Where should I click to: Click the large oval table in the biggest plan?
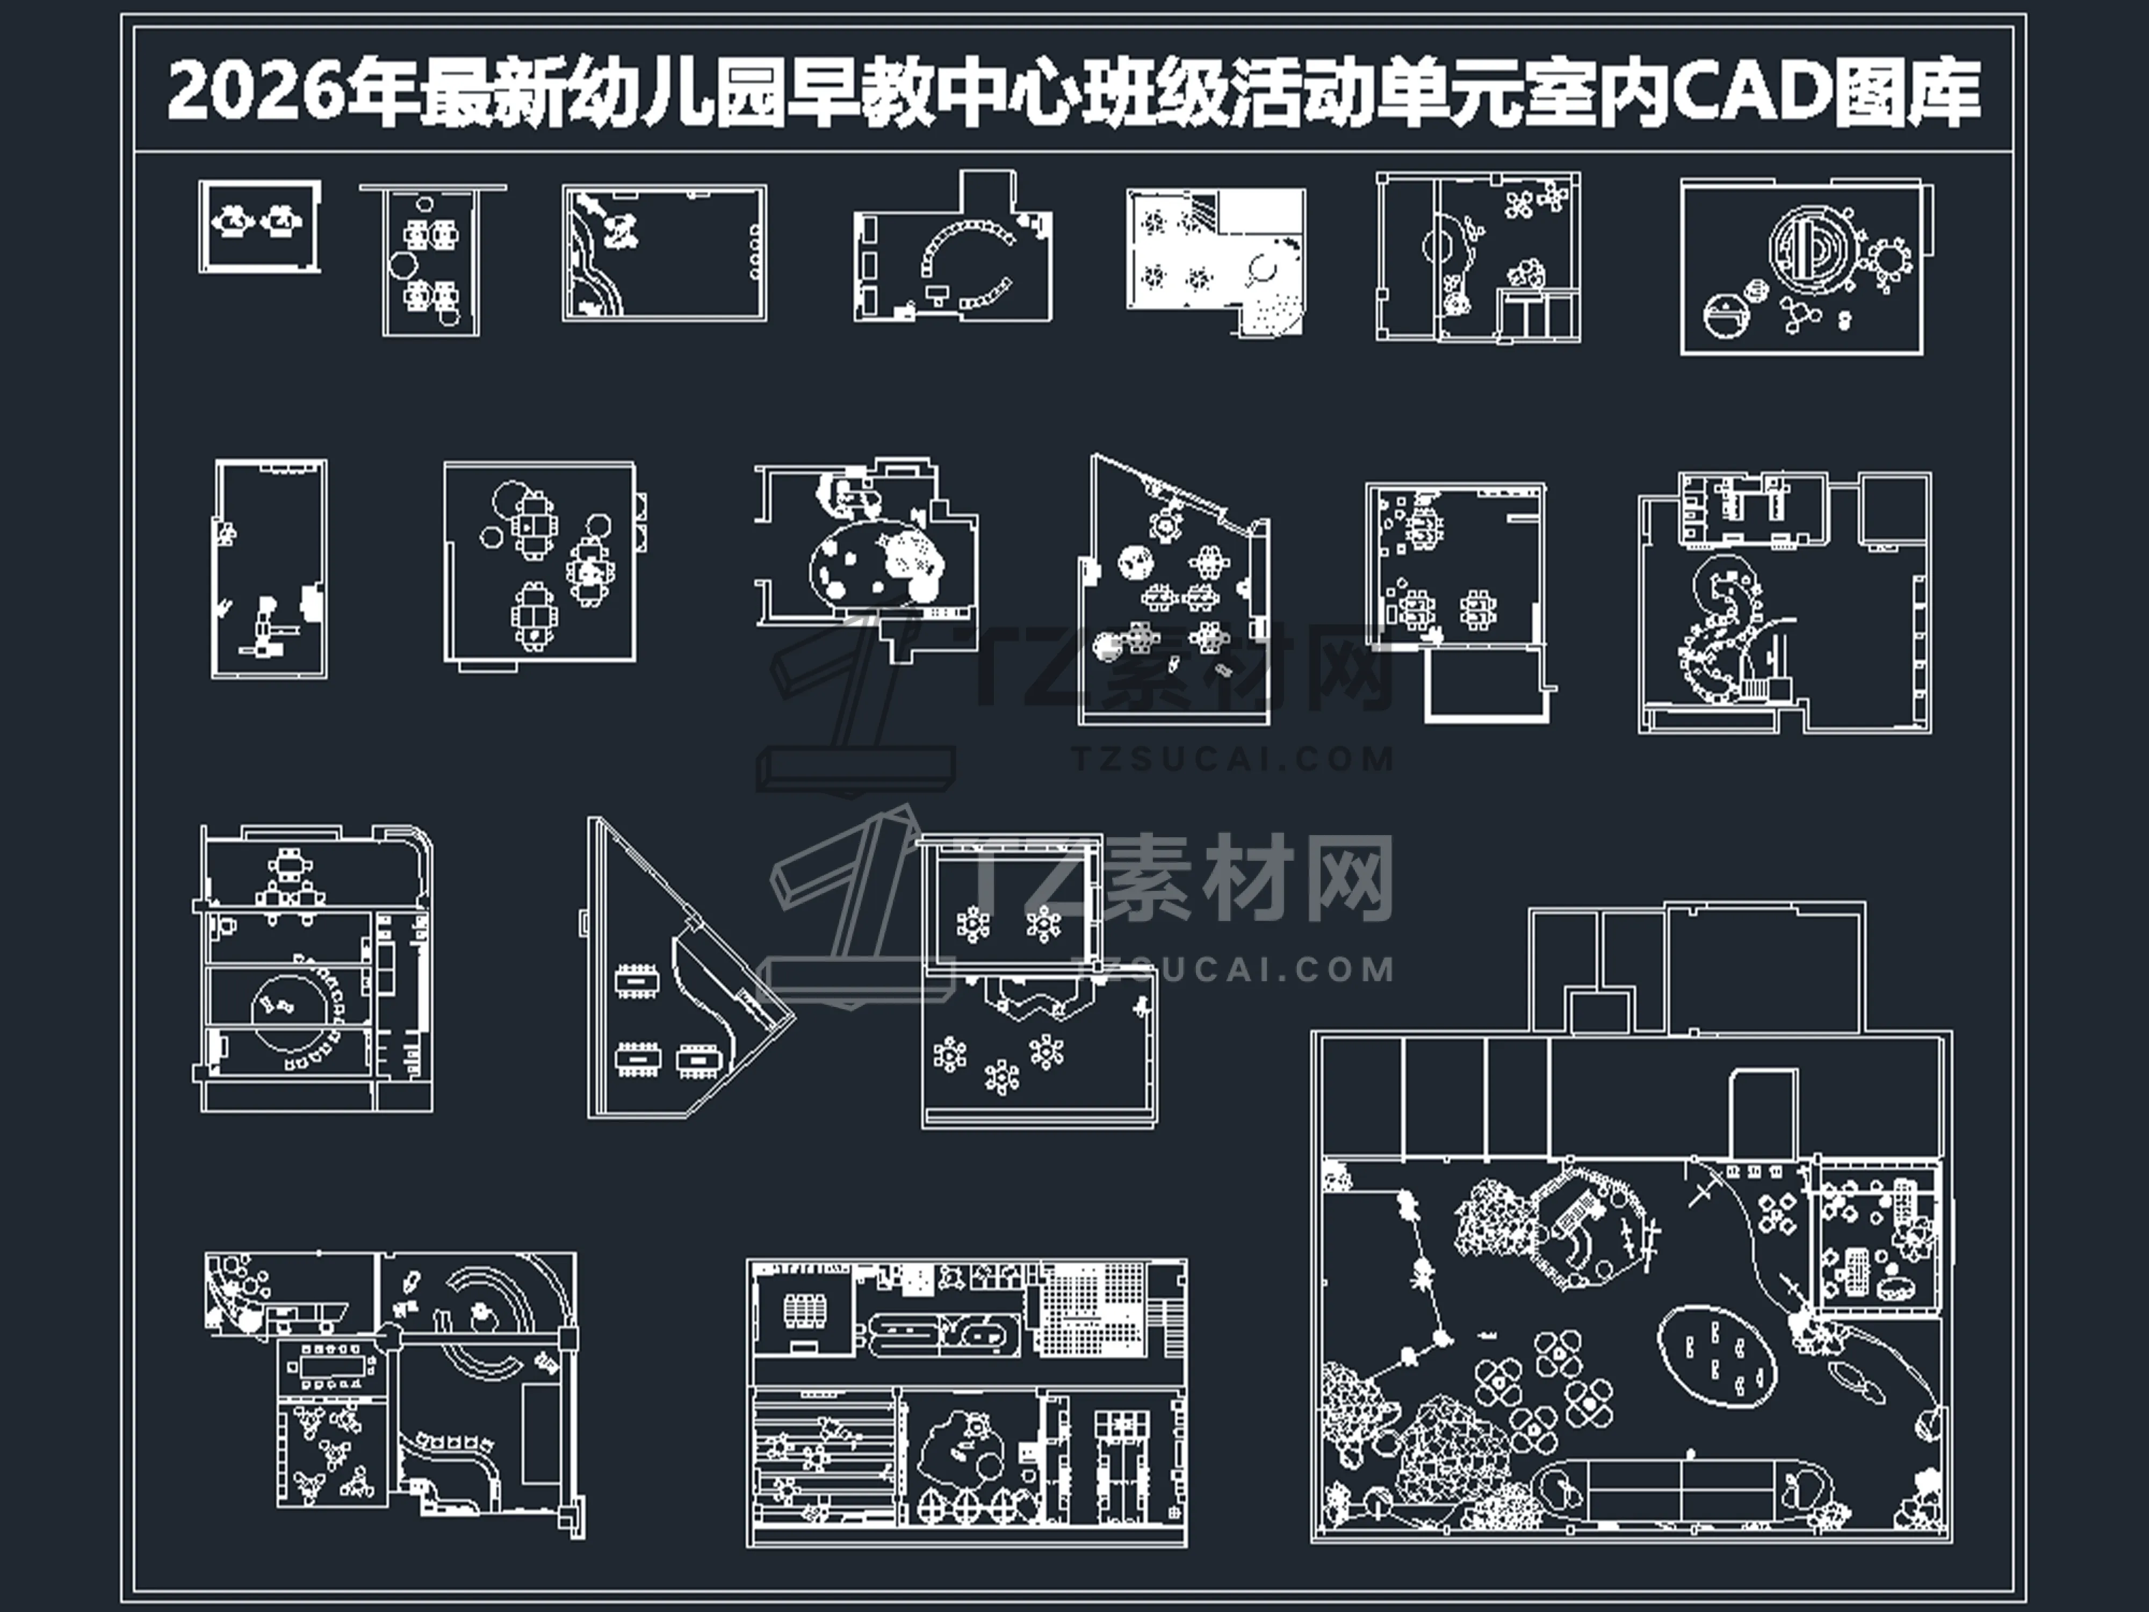click(x=1717, y=1356)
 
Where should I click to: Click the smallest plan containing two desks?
click(x=259, y=226)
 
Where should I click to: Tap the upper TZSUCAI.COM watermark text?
click(x=1234, y=758)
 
